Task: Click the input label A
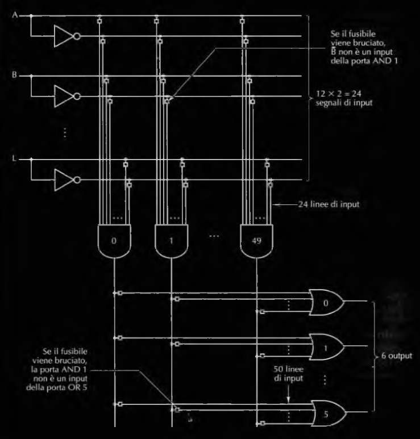(x=15, y=15)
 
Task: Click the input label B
(x=15, y=74)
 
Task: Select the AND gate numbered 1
(x=171, y=241)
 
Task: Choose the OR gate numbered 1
(x=325, y=347)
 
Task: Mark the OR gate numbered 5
(x=325, y=413)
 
